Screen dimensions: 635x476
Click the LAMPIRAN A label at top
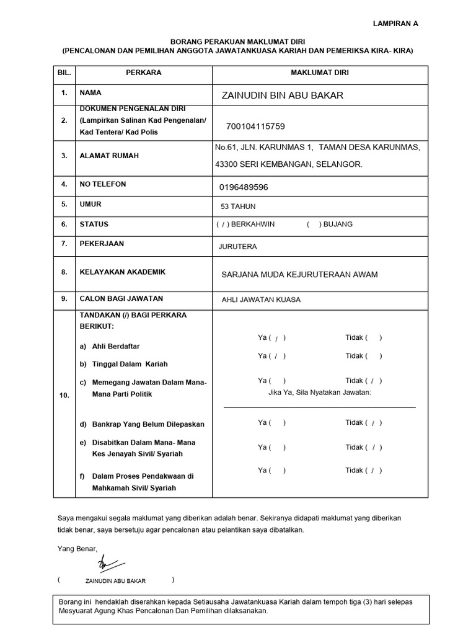point(395,24)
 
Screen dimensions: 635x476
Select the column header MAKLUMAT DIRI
point(320,73)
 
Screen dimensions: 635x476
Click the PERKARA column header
point(143,73)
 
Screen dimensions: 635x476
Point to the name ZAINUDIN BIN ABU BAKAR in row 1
point(282,95)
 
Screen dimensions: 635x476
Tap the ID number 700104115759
point(255,127)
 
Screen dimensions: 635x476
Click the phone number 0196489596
point(244,187)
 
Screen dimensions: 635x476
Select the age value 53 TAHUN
point(238,206)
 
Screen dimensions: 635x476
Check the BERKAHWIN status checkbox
point(222,224)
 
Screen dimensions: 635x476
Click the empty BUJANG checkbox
point(312,224)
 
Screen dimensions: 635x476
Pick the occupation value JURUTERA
point(237,247)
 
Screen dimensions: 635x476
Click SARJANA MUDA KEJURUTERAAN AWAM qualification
point(299,275)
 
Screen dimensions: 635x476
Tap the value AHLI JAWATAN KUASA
point(261,300)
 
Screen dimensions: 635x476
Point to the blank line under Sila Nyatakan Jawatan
point(319,407)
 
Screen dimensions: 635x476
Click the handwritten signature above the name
point(110,563)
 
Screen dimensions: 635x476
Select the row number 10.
point(64,394)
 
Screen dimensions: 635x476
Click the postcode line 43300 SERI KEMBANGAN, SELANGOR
point(289,164)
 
